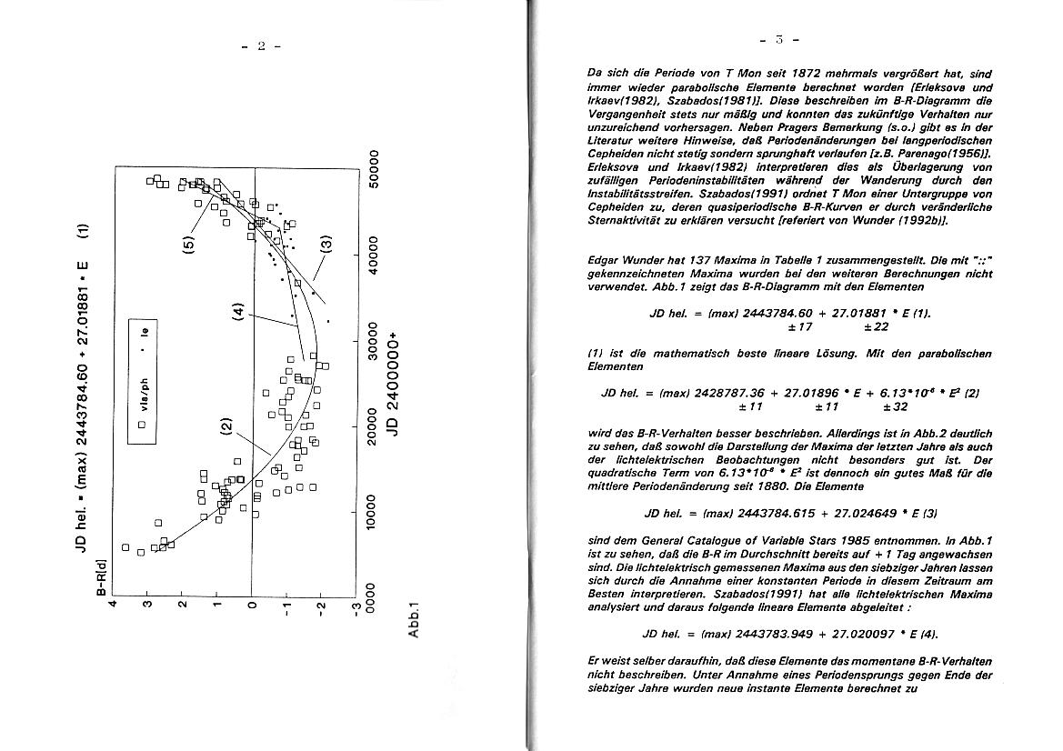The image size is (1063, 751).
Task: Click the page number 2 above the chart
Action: point(262,47)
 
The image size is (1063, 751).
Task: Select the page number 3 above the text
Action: point(779,40)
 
